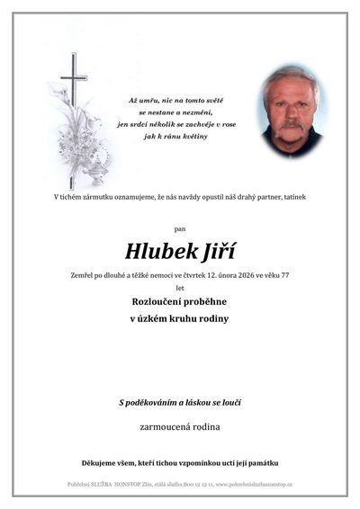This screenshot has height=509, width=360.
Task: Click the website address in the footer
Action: click(x=255, y=485)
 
